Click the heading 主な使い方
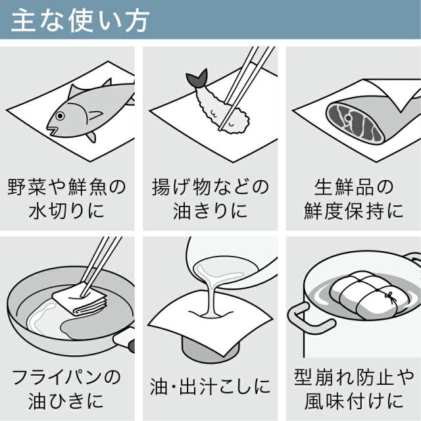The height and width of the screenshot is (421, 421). coord(80,19)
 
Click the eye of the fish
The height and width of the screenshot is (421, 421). coord(61,116)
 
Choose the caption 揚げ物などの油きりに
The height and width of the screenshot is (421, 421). coord(210,199)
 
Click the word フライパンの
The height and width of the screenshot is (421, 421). coord(67,378)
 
